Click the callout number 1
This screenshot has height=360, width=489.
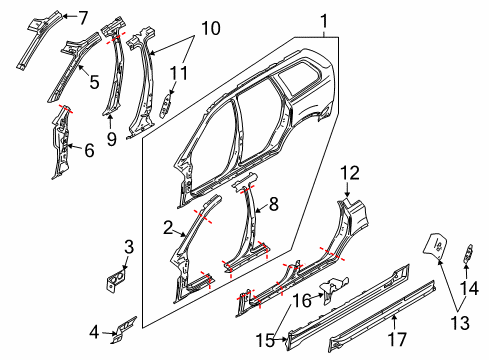coord(323,20)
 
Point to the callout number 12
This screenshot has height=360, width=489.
coord(348,173)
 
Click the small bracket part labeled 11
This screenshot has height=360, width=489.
coord(167,104)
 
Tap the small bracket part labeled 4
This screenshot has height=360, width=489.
coord(120,328)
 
